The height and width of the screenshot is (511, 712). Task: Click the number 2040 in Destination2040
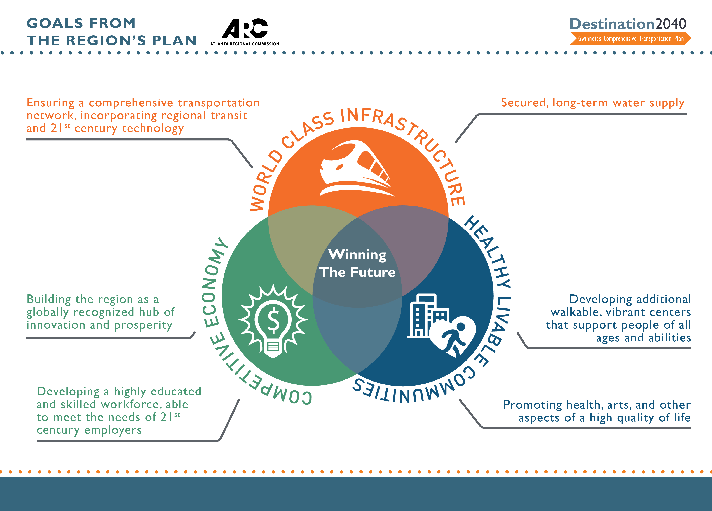pos(671,24)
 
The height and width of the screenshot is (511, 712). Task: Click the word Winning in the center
pos(357,255)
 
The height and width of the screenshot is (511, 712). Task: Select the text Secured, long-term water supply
pos(592,103)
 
